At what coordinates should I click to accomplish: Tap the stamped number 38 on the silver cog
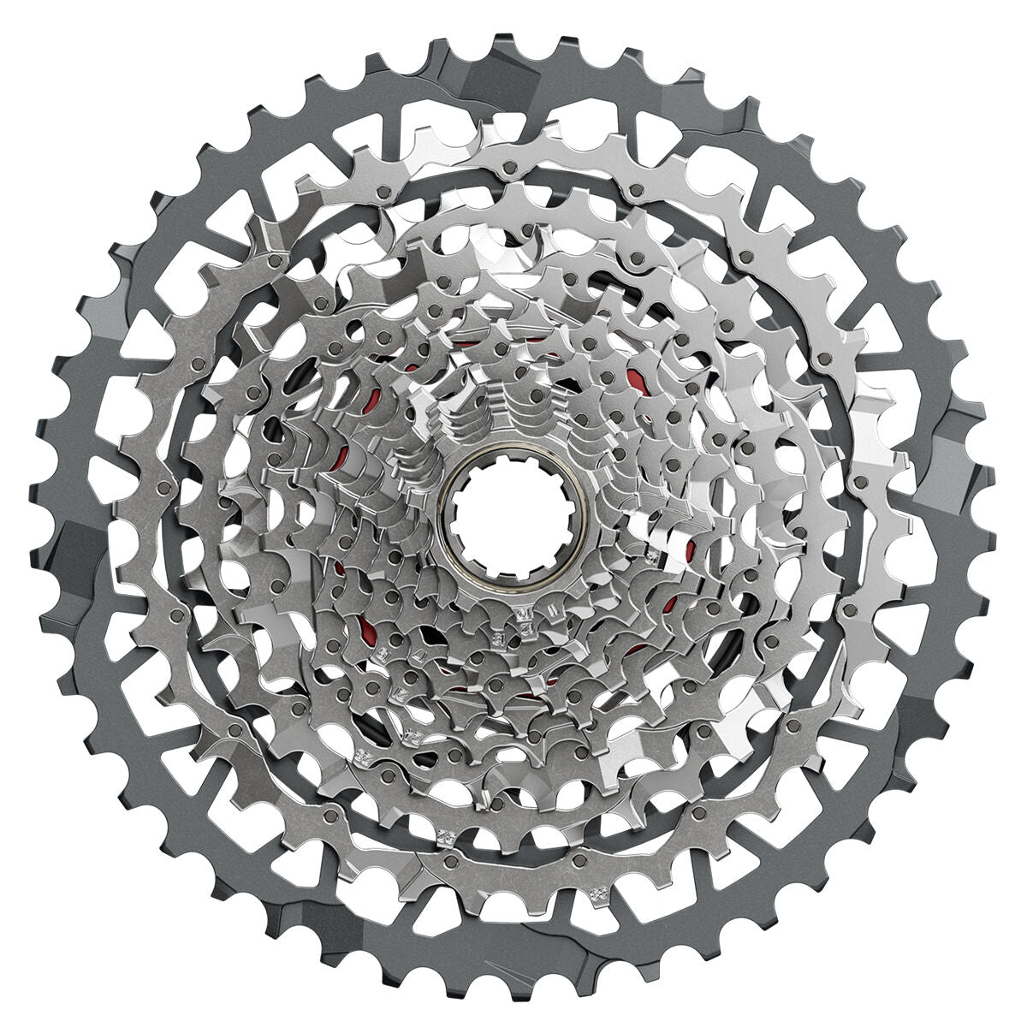pos(597,893)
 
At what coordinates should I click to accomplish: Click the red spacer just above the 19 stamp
pos(370,622)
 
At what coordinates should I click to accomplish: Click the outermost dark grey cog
pos(77,513)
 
